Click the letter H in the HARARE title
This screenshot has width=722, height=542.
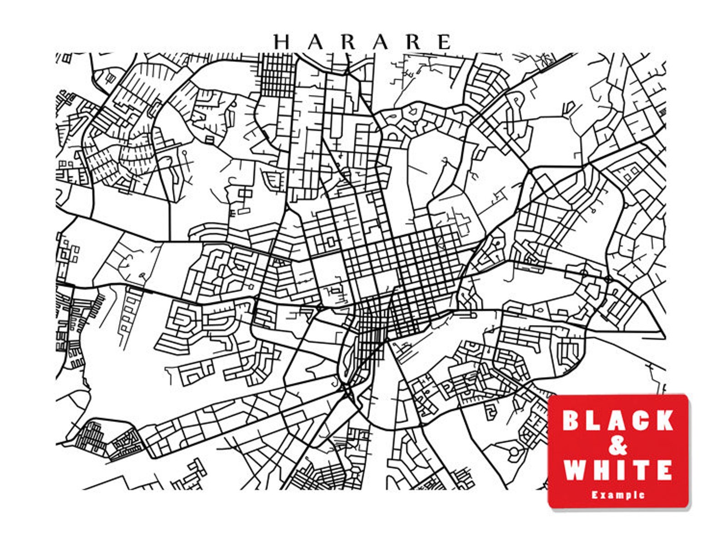tap(281, 42)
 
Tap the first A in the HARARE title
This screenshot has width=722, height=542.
tap(314, 42)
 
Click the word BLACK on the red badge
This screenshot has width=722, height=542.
tap(618, 420)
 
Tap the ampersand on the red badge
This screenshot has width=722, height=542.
tap(618, 446)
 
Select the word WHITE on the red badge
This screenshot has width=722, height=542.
tap(618, 470)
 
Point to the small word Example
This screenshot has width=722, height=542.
tap(618, 494)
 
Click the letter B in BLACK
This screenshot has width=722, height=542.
tap(571, 420)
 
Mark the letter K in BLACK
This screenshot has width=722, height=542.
tap(664, 420)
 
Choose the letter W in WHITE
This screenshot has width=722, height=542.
tap(575, 470)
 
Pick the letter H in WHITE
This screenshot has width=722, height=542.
tap(601, 470)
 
